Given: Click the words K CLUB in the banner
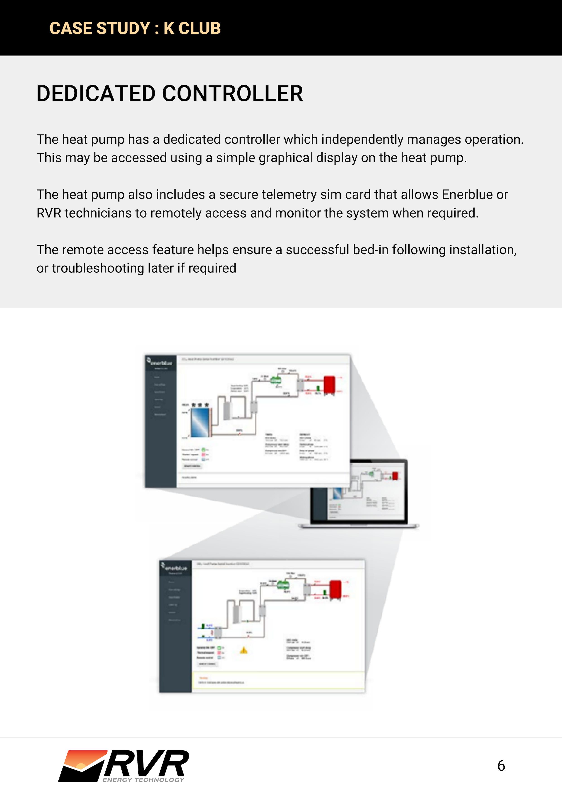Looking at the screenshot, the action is [192, 28].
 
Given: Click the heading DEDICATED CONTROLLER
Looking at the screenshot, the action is [170, 94].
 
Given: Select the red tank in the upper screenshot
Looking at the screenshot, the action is [329, 385].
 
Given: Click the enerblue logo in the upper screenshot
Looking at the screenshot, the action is [160, 363].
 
